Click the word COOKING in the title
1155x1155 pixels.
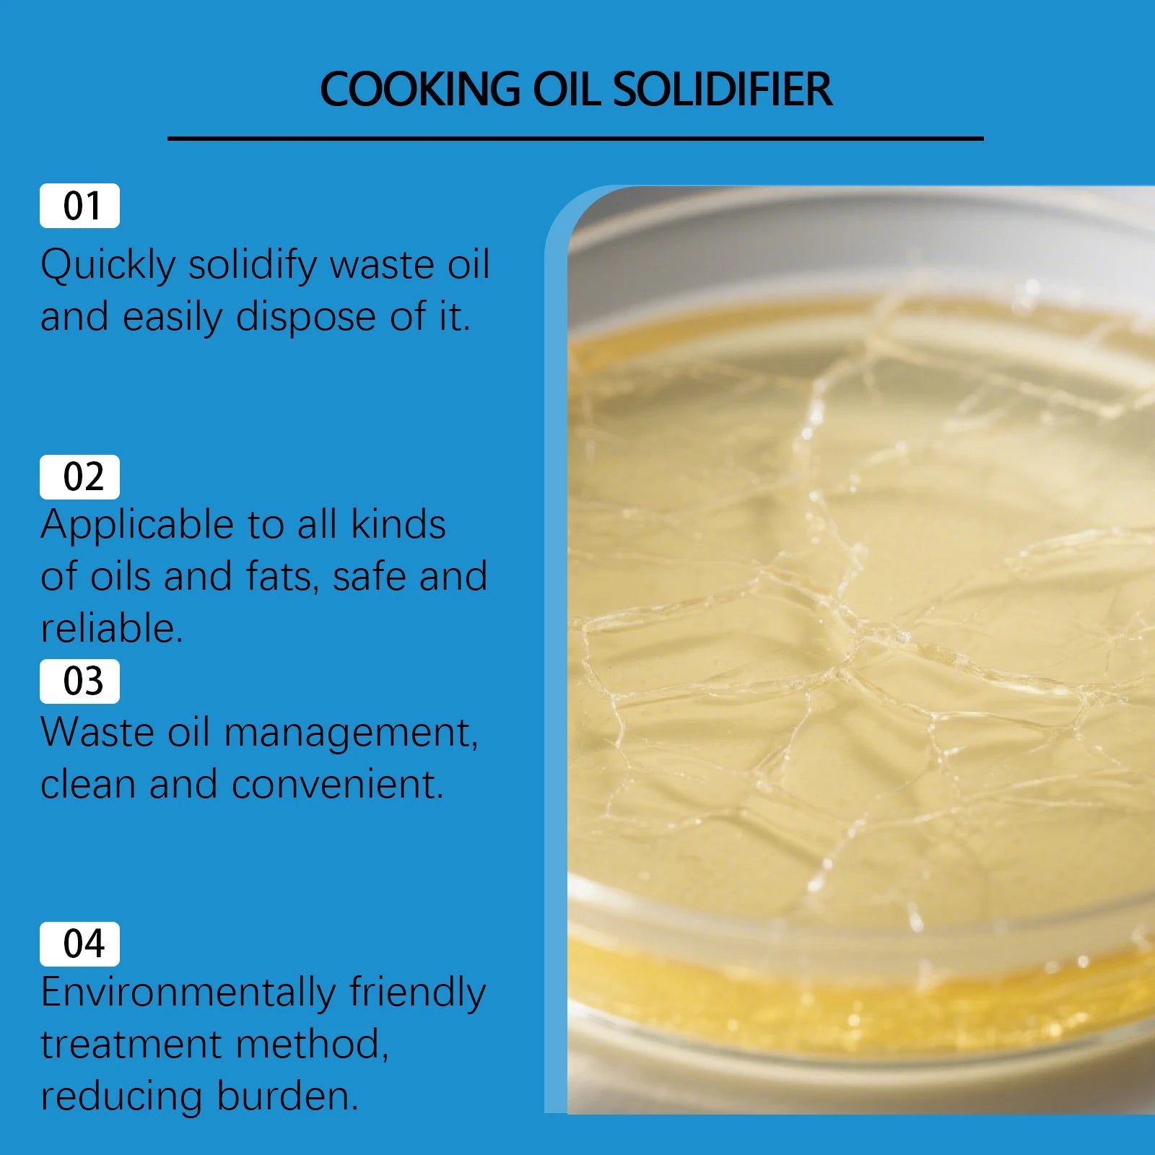pos(419,90)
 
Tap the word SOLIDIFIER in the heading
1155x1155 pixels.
pos(722,90)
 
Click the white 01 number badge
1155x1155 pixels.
pos(79,206)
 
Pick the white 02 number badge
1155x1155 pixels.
pos(79,477)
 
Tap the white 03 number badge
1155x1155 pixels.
pos(79,681)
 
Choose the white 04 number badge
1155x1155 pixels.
pos(79,944)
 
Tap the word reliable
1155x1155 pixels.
pos(111,629)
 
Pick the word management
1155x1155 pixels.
pos(351,733)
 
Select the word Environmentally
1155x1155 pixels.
pos(188,993)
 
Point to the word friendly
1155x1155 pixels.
pos(418,993)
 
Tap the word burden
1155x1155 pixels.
pos(287,1097)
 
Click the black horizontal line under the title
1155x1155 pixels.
pos(575,138)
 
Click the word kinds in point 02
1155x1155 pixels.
pos(398,525)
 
